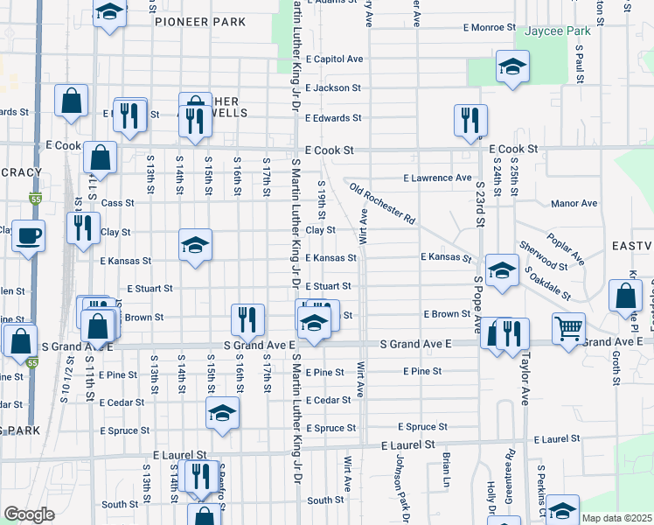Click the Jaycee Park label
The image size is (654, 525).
[x=558, y=31]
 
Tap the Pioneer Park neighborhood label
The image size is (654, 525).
[x=200, y=22]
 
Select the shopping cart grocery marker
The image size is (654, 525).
[x=568, y=328]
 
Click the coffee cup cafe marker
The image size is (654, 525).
[x=29, y=235]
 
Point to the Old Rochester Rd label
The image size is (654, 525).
[x=381, y=203]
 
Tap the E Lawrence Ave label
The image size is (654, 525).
[x=437, y=178]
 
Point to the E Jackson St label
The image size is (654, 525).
[x=333, y=88]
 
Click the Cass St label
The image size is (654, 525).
[x=117, y=203]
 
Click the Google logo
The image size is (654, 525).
[x=29, y=514]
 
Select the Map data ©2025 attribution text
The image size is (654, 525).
[x=617, y=518]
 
